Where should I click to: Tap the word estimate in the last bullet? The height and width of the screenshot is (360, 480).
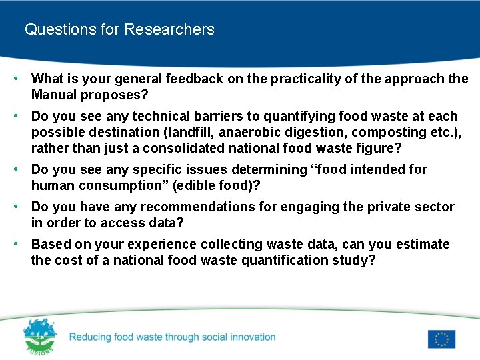(423, 245)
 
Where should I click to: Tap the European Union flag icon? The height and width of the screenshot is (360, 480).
(441, 339)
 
